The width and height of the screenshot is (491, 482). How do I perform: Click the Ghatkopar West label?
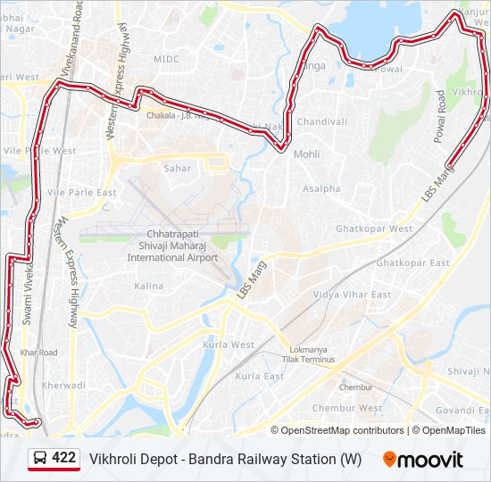(x=374, y=229)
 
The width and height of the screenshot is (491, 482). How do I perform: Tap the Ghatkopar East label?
(x=412, y=263)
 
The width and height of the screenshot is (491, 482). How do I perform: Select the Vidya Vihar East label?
(x=352, y=295)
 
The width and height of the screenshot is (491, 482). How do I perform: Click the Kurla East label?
(x=259, y=377)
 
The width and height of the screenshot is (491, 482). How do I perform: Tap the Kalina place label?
(x=148, y=287)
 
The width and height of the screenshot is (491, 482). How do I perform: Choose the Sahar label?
(x=177, y=168)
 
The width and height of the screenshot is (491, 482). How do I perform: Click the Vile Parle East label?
(x=82, y=193)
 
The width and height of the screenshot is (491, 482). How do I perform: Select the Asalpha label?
(x=321, y=189)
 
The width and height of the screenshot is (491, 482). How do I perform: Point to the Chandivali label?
(x=321, y=121)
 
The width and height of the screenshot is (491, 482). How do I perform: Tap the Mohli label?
(x=306, y=154)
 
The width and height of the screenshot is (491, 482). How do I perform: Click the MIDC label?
(x=166, y=59)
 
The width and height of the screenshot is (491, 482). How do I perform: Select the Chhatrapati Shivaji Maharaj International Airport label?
(x=172, y=245)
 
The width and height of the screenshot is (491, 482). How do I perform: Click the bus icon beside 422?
(x=39, y=459)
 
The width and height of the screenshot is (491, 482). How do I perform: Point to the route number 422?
(x=63, y=458)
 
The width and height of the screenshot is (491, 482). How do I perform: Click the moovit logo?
(x=422, y=460)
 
